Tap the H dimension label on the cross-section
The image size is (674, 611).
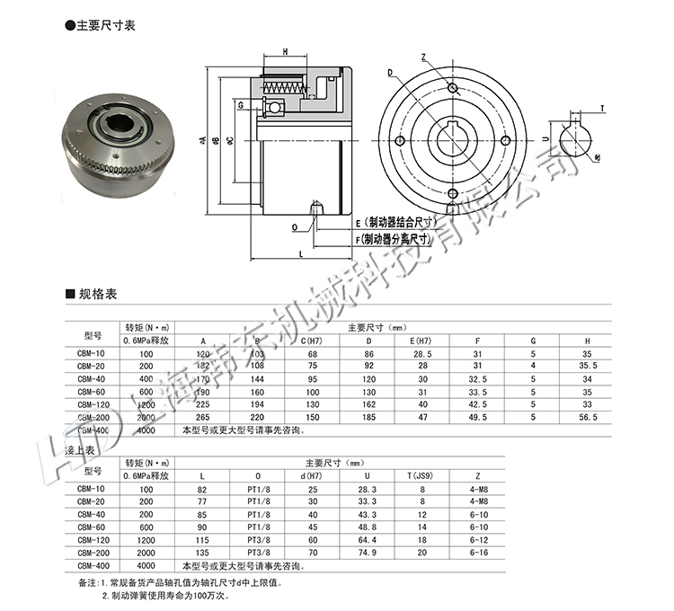coord(285,52)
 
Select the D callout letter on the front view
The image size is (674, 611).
coord(391,73)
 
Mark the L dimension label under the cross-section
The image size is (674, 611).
coord(300,256)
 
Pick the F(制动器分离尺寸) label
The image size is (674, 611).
coord(395,239)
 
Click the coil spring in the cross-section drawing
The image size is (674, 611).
coord(287,88)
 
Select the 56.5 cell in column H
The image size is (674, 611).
coord(589,417)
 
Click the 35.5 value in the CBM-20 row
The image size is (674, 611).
coord(589,367)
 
